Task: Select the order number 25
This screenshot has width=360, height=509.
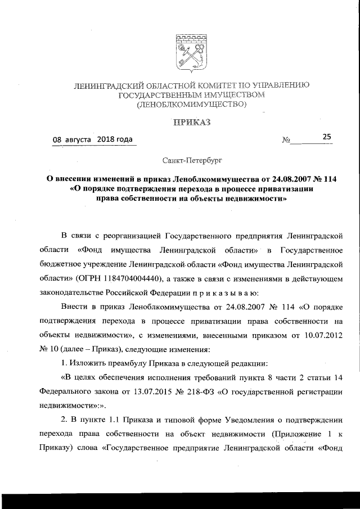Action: click(x=327, y=136)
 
